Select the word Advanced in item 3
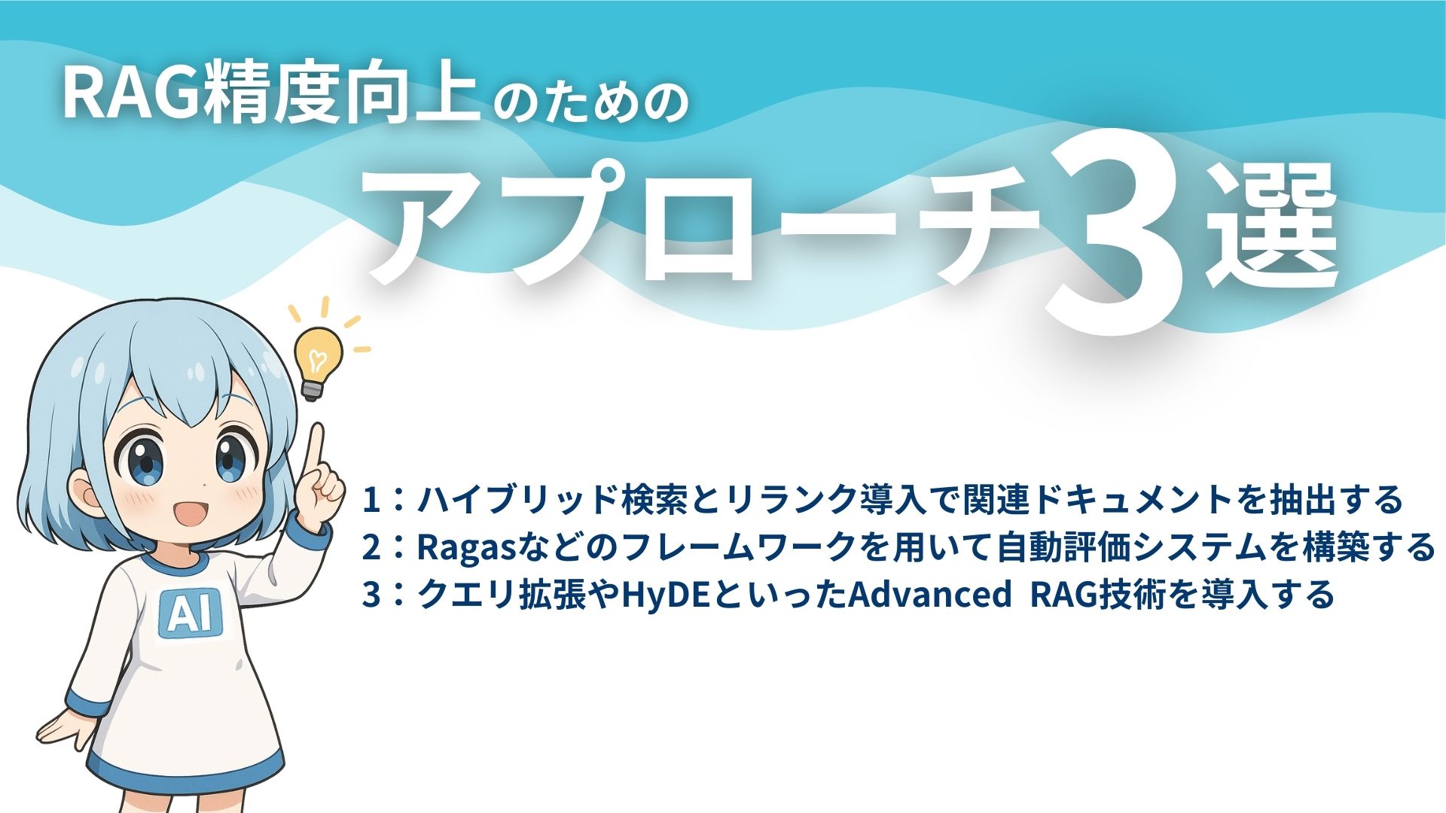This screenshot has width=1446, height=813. tap(930, 595)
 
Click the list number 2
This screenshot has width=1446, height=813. tap(371, 547)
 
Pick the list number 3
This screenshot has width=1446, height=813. tap(371, 595)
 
